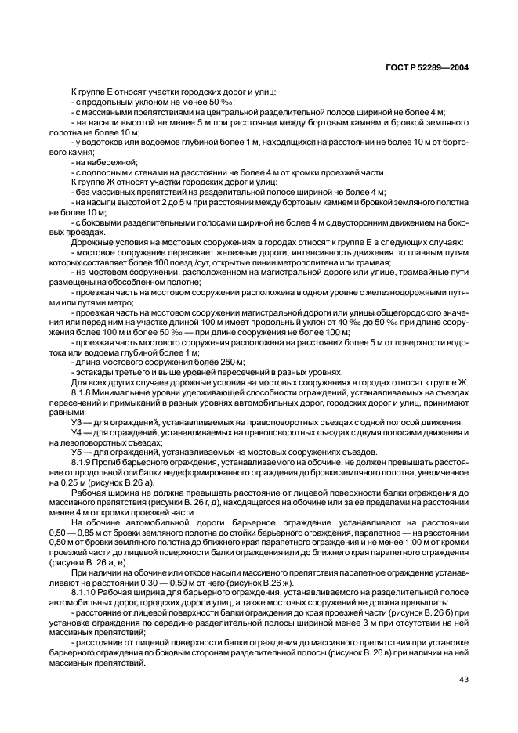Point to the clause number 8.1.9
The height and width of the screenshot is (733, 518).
[83, 464]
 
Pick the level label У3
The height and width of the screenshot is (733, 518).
[77, 423]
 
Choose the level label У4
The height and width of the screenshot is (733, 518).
[77, 433]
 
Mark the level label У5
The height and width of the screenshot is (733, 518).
[77, 453]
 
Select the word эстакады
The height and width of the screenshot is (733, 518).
[95, 372]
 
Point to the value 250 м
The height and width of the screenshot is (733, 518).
[230, 362]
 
